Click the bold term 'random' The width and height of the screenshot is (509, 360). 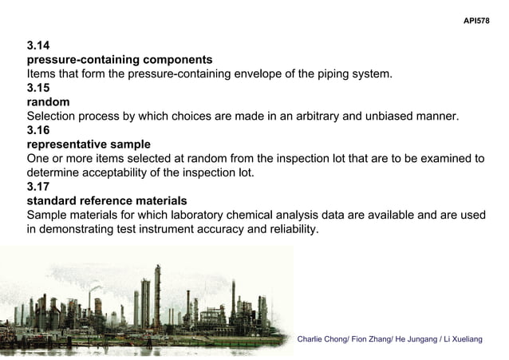point(48,102)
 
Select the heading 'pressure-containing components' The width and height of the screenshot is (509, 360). point(120,60)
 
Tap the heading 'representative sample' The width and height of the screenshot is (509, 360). point(89,144)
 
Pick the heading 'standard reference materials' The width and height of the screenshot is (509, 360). point(107,201)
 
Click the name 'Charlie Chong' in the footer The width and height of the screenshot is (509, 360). point(321,341)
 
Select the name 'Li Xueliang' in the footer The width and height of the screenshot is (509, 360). point(460,341)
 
